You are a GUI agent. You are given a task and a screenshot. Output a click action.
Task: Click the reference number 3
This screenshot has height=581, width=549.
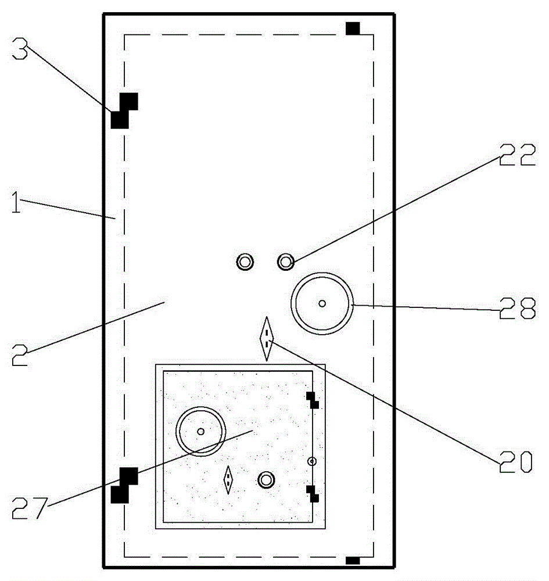click(x=20, y=48)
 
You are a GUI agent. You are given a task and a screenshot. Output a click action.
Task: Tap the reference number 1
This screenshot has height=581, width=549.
click(x=16, y=202)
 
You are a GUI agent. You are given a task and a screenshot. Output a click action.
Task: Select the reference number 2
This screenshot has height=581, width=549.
click(x=20, y=355)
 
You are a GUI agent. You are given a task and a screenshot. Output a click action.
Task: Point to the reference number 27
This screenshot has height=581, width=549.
click(x=30, y=508)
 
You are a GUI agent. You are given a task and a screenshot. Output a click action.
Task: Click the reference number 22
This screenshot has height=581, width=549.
click(x=518, y=155)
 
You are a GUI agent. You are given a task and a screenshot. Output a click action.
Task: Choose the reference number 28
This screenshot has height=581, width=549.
click(x=518, y=308)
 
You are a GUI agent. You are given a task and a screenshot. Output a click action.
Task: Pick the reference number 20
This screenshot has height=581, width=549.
click(x=516, y=462)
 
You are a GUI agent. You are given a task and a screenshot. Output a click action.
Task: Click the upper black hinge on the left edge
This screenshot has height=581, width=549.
click(x=124, y=111)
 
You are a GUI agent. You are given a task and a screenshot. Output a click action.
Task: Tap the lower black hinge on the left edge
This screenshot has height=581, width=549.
click(x=124, y=485)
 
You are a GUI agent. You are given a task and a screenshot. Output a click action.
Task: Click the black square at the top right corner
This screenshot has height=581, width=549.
click(x=353, y=28)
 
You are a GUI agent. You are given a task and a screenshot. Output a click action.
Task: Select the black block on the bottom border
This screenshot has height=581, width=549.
click(x=353, y=560)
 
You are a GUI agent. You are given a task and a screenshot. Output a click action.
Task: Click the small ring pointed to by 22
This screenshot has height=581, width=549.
click(x=286, y=261)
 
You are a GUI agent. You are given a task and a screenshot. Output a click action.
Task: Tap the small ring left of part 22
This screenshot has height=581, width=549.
click(x=245, y=261)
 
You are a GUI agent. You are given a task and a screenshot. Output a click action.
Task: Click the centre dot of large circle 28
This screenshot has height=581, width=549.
click(x=322, y=303)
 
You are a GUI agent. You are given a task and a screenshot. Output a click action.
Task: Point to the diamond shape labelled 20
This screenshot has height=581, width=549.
click(x=267, y=339)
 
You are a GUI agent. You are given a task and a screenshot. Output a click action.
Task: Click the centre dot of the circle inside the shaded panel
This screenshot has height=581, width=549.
click(x=201, y=431)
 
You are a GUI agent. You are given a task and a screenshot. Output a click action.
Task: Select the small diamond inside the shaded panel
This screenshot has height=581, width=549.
click(x=228, y=480)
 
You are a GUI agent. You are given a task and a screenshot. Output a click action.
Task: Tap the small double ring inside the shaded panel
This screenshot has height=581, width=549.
click(x=266, y=480)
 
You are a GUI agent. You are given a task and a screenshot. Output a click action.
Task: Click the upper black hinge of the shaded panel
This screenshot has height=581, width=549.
click(x=313, y=400)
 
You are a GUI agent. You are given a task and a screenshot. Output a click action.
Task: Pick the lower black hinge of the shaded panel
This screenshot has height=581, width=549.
click(x=313, y=494)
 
